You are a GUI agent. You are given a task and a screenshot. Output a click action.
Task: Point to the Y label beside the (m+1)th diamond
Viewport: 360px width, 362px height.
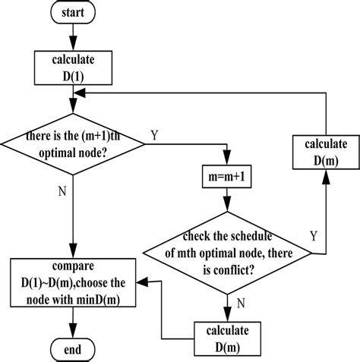(154, 135)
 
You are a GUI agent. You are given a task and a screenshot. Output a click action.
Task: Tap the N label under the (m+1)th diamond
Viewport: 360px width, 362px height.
(62, 190)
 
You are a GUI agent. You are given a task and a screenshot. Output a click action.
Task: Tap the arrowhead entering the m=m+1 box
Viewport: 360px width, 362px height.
(226, 162)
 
